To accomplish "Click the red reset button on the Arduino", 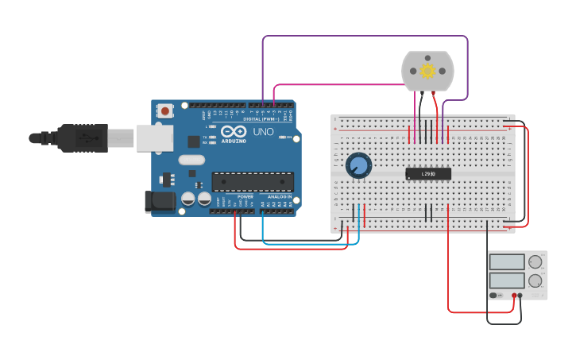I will [165, 110].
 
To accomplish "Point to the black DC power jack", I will [159, 202].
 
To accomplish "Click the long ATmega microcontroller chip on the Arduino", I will [252, 181].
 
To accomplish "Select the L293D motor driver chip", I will [428, 173].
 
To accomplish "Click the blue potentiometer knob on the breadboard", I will [358, 165].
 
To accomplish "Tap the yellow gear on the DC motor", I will [427, 72].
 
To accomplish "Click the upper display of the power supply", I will [507, 261].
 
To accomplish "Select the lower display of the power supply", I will [507, 281].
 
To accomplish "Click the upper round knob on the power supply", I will [535, 261].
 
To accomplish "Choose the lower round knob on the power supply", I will [535, 281].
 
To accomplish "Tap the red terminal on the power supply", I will [514, 296].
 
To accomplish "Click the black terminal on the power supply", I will [520, 296].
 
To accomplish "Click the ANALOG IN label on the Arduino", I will [278, 196].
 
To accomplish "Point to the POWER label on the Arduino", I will [245, 196].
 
